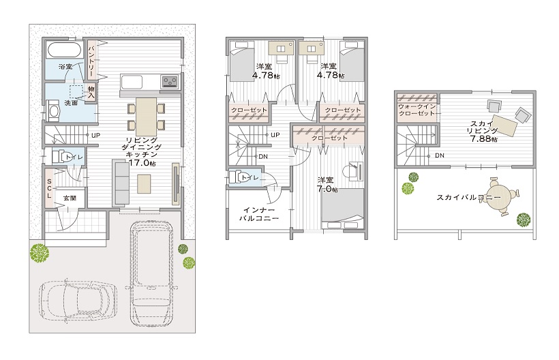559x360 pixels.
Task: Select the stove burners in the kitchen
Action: [170, 81]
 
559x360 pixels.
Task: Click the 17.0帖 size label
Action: [142, 163]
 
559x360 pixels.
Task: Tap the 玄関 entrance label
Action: [70, 198]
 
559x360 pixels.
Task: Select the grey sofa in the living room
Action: [121, 183]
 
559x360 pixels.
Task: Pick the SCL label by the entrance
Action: [49, 188]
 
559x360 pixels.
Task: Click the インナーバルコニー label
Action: [258, 214]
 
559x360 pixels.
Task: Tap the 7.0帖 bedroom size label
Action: [327, 189]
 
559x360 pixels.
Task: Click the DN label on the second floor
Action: [263, 156]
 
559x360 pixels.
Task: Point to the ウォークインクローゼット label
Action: [417, 110]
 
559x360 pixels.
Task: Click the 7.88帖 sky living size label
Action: [484, 138]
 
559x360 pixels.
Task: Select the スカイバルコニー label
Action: [468, 197]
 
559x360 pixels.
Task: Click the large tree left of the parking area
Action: [40, 253]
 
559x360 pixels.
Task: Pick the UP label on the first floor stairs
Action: [95, 136]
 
